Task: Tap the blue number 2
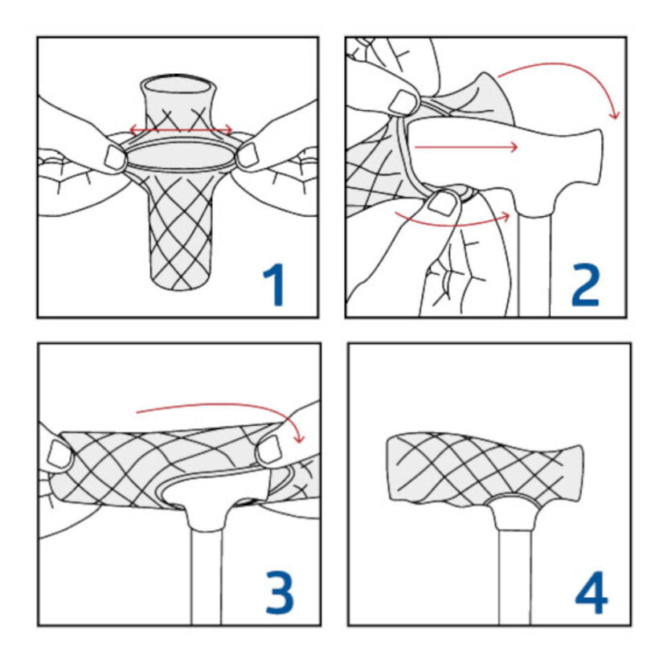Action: coord(585,285)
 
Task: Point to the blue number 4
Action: coord(591,593)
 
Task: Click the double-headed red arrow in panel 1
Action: coord(181,129)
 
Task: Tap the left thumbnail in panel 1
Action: coord(115,158)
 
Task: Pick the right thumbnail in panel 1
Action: coord(248,155)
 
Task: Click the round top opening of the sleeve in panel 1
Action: coord(178,87)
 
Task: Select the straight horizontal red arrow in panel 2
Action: coord(465,147)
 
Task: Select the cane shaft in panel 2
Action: coord(534,266)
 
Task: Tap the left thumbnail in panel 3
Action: coord(60,455)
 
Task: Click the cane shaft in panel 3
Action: coord(206,577)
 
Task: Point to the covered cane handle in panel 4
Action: coord(483,469)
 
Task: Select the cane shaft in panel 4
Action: coord(515,578)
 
